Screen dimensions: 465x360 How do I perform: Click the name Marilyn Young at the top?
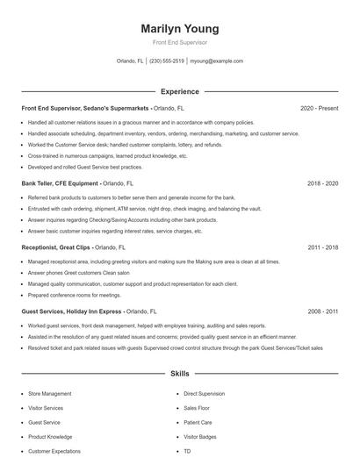click(x=179, y=29)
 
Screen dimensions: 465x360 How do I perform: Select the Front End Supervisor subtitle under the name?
click(x=179, y=42)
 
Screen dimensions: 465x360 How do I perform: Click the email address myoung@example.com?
click(x=216, y=61)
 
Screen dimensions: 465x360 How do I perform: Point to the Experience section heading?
click(x=179, y=91)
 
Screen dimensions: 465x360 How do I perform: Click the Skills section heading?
click(x=179, y=373)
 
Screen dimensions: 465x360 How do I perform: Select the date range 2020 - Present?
click(x=319, y=108)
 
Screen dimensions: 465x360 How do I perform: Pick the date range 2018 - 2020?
click(x=322, y=184)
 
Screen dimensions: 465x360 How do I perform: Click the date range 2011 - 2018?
click(x=322, y=247)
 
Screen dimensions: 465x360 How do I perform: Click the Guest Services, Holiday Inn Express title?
click(x=72, y=311)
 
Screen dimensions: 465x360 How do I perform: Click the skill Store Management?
click(x=51, y=393)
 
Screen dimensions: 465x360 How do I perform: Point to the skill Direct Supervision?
click(x=204, y=393)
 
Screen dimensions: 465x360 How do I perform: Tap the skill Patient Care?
click(x=198, y=422)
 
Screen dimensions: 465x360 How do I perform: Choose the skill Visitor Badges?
click(x=200, y=436)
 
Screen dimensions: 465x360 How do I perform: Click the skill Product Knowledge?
click(x=50, y=436)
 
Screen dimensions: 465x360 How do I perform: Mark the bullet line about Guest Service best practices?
click(x=84, y=166)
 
